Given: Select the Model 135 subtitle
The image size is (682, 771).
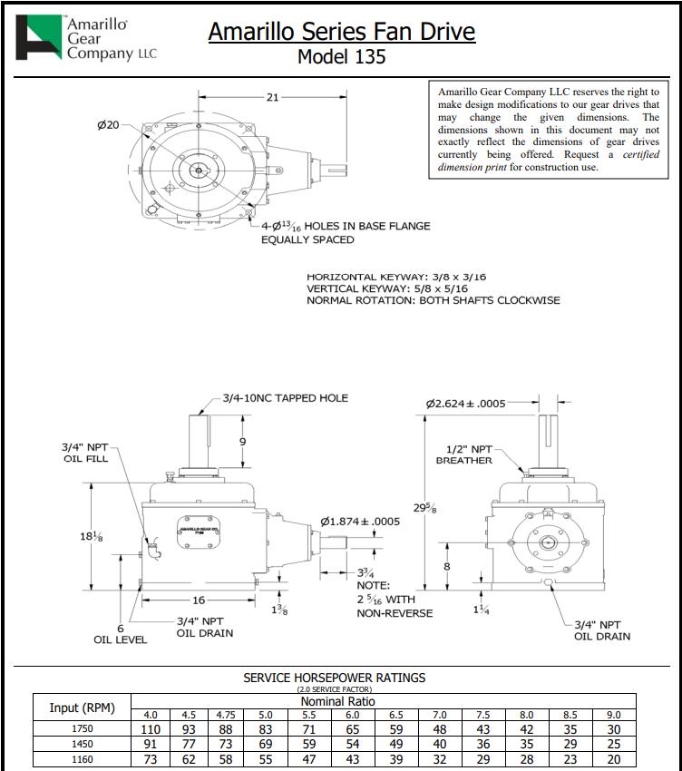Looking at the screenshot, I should (x=341, y=56).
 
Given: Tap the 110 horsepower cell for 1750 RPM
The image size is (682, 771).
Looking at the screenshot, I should (x=151, y=729).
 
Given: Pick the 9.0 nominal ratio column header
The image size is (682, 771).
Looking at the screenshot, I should (x=613, y=715).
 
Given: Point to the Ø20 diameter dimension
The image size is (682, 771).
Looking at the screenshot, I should (x=108, y=124).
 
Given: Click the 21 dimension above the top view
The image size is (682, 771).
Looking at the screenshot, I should (x=272, y=97).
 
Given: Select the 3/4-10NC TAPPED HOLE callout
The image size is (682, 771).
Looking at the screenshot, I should (x=286, y=398).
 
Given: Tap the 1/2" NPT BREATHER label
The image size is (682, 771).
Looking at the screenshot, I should (x=469, y=454).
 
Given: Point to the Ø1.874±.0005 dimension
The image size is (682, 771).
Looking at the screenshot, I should (x=360, y=522).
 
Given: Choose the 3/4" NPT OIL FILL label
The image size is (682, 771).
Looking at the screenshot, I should (x=84, y=453).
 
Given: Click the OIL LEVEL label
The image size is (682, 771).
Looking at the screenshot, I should (x=121, y=639).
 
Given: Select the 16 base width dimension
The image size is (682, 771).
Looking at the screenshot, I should (x=198, y=600).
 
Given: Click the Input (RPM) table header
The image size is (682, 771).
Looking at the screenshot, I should (x=82, y=708).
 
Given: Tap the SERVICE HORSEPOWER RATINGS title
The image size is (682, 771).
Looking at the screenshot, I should (x=334, y=678).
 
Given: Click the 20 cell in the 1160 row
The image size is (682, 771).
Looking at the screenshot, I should (x=613, y=759).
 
